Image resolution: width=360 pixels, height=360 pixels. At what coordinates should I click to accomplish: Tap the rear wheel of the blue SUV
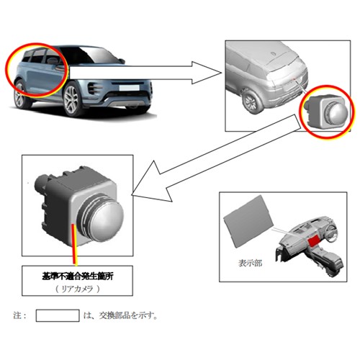click(21, 94)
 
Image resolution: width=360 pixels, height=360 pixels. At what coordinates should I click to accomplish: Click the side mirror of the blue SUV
click(122, 60)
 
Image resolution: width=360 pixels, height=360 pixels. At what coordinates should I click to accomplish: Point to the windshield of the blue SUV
click(96, 55)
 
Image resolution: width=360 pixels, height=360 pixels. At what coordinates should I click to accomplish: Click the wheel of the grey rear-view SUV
click(250, 102)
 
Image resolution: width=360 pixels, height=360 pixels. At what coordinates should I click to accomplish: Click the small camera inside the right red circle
click(326, 112)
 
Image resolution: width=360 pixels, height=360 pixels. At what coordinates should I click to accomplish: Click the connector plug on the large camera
click(41, 183)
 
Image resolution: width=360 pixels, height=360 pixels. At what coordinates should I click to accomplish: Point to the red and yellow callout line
click(75, 245)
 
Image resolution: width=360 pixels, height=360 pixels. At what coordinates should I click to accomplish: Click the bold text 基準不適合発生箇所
click(77, 276)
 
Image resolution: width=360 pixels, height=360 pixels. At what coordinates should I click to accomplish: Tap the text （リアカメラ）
click(77, 289)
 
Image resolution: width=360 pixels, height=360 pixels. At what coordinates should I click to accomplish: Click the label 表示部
click(250, 264)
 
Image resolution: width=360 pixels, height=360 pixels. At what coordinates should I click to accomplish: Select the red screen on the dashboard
click(315, 241)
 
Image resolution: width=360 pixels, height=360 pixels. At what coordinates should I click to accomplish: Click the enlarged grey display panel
click(248, 221)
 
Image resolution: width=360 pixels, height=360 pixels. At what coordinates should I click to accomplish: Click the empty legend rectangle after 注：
click(58, 315)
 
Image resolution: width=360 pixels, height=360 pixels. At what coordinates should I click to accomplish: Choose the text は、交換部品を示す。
click(120, 315)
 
